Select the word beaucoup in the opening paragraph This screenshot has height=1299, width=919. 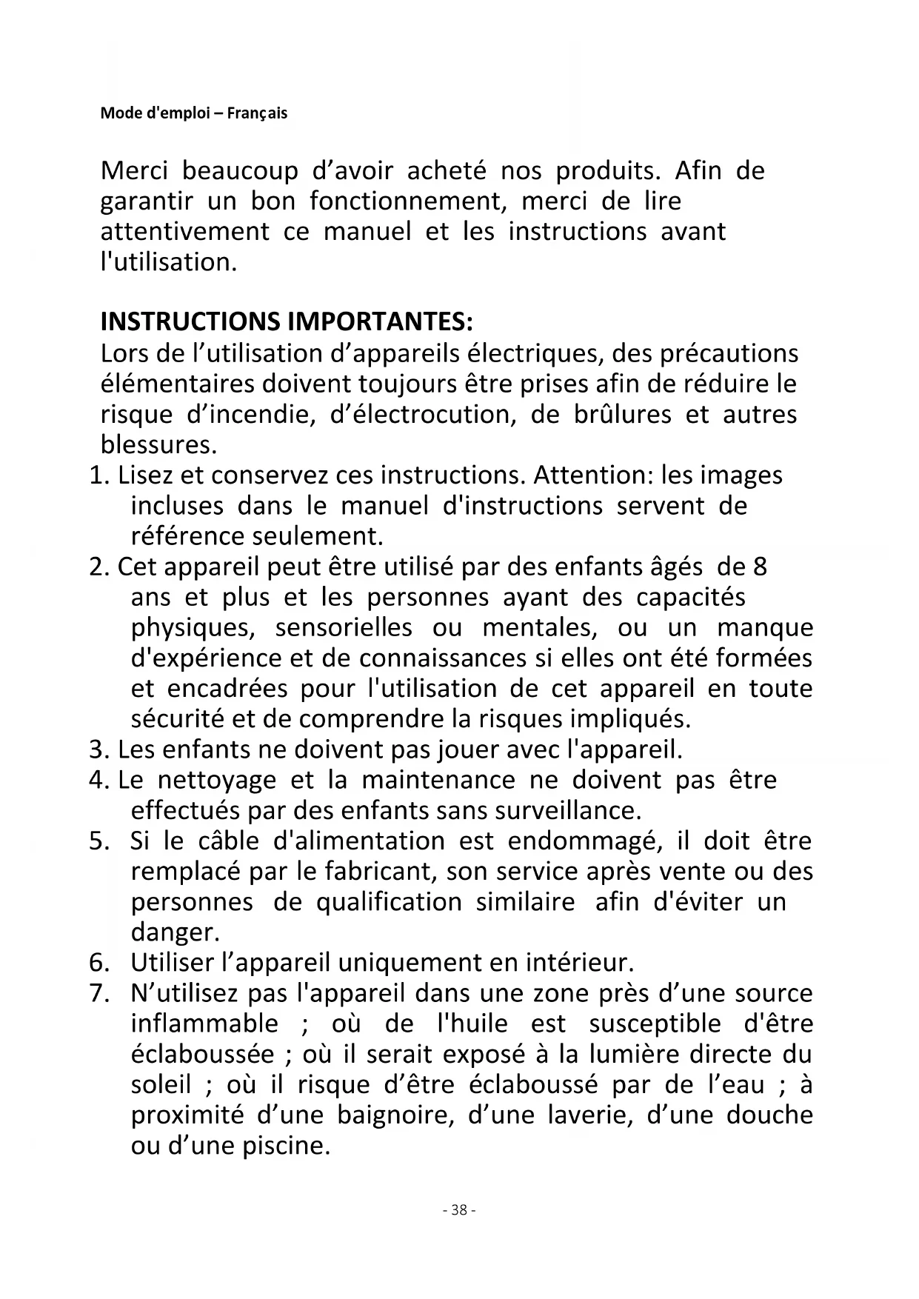coord(240,171)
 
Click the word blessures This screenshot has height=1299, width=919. coord(158,445)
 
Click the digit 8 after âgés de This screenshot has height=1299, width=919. coord(760,567)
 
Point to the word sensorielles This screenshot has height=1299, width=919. coord(344,628)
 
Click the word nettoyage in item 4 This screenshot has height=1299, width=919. coord(217,780)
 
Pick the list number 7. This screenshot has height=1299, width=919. coord(98,993)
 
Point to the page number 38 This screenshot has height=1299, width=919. coord(459,1210)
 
